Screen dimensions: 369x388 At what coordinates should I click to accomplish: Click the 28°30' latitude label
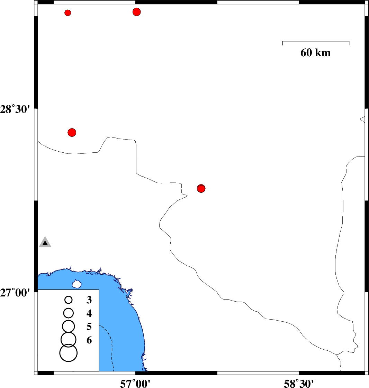coord(15,109)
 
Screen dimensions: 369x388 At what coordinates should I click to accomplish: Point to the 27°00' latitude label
coord(15,293)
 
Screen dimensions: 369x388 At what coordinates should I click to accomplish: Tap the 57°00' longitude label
coord(135,384)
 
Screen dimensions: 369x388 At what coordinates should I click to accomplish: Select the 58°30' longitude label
coord(299,384)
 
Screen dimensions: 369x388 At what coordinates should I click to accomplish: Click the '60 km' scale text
coord(315,53)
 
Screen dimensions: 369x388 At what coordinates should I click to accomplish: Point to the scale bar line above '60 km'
coord(316,41)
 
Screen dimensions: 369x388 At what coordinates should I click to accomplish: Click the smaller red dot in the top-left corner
coord(68,13)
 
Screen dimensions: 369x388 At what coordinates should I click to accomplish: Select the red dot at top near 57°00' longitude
coord(137,12)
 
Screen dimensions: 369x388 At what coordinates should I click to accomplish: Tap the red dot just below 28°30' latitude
coord(72,132)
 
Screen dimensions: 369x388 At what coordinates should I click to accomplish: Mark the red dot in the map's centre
coord(201,189)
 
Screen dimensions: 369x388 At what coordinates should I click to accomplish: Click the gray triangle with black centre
coord(45,242)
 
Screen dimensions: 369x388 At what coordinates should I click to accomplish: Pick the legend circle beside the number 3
coord(69,300)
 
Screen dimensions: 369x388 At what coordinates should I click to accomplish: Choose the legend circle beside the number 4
coord(69,313)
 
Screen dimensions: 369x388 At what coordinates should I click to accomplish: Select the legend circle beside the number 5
coord(69,326)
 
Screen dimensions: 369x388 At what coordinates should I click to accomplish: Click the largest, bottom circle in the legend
coord(69,353)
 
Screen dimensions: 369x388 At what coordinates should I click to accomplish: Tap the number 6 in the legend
coord(89,340)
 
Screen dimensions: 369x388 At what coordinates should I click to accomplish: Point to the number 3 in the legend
coord(89,300)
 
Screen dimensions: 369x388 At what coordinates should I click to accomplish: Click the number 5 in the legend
coord(89,327)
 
